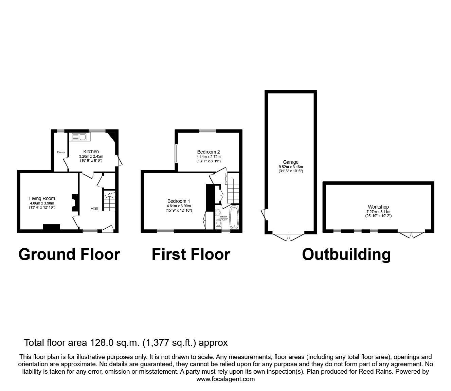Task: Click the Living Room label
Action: tap(42, 198)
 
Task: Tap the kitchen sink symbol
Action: tap(79, 137)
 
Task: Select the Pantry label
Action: tap(61, 152)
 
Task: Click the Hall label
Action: tap(94, 208)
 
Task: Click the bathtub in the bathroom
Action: tap(234, 217)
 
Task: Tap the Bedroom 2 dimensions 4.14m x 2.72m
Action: tap(208, 157)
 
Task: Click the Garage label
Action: tap(291, 162)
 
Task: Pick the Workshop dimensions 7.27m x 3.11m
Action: tap(378, 211)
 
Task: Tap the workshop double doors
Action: tap(411, 234)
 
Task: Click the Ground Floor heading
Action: tap(69, 254)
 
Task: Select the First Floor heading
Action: tap(191, 254)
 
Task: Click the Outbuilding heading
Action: tap(346, 254)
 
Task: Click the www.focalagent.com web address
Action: tap(225, 379)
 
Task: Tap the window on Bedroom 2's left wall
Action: tap(177, 154)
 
